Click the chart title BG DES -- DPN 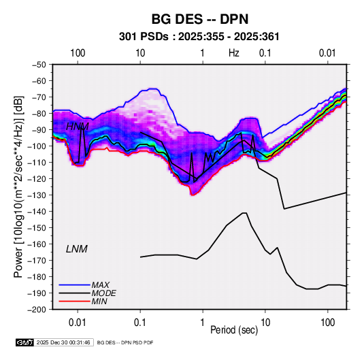[x=200, y=19]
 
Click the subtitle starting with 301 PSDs [x=199, y=37]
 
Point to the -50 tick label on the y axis [x=39, y=65]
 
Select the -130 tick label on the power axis [x=37, y=195]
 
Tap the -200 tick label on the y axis [x=37, y=310]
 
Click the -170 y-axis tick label [x=37, y=261]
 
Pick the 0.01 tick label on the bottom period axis [x=78, y=323]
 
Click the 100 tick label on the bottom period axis [x=327, y=323]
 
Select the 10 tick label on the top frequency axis [x=140, y=53]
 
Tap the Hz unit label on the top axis [x=234, y=53]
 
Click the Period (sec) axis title [x=234, y=330]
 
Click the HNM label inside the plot [x=78, y=127]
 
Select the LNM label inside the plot [x=77, y=249]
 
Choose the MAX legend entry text [x=100, y=284]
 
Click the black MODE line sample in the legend [x=75, y=293]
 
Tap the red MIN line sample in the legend [x=75, y=301]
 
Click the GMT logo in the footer [x=24, y=342]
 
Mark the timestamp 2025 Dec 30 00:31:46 [x=63, y=342]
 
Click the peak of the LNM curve [x=244, y=213]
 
